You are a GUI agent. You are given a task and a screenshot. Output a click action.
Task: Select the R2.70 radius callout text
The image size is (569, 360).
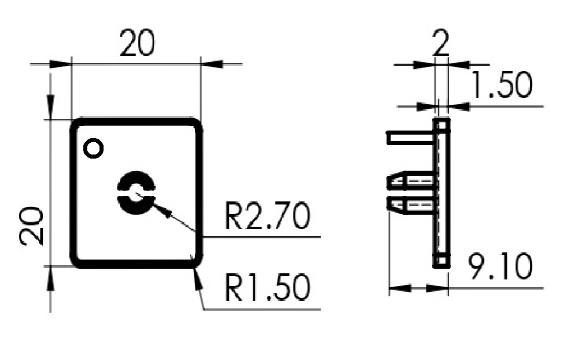click(267, 217)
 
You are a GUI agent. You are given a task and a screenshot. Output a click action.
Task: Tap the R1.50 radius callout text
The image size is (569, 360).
click(267, 288)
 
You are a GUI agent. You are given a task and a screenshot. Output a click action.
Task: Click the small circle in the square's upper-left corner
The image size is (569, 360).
click(94, 148)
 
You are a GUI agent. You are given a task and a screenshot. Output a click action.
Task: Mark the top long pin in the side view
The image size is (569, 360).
click(410, 137)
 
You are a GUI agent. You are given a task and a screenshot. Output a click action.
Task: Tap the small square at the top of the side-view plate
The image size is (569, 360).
click(442, 124)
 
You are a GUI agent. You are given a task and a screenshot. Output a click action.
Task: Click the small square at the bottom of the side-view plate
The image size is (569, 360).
click(442, 262)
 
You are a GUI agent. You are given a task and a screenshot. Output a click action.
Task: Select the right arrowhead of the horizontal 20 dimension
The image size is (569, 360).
click(212, 64)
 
